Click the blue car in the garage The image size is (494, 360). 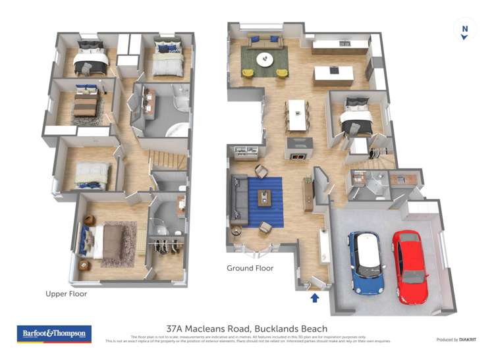[366, 262]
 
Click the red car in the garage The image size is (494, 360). [410, 266]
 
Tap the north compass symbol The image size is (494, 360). [464, 30]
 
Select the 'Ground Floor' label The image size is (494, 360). [250, 268]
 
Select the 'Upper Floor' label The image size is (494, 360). [66, 294]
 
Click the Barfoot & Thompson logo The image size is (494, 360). [54, 334]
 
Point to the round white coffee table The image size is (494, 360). [265, 60]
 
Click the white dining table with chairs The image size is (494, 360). [297, 115]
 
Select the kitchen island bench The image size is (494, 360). [333, 75]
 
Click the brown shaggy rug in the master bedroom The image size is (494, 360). [119, 244]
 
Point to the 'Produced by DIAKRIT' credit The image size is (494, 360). [457, 340]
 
